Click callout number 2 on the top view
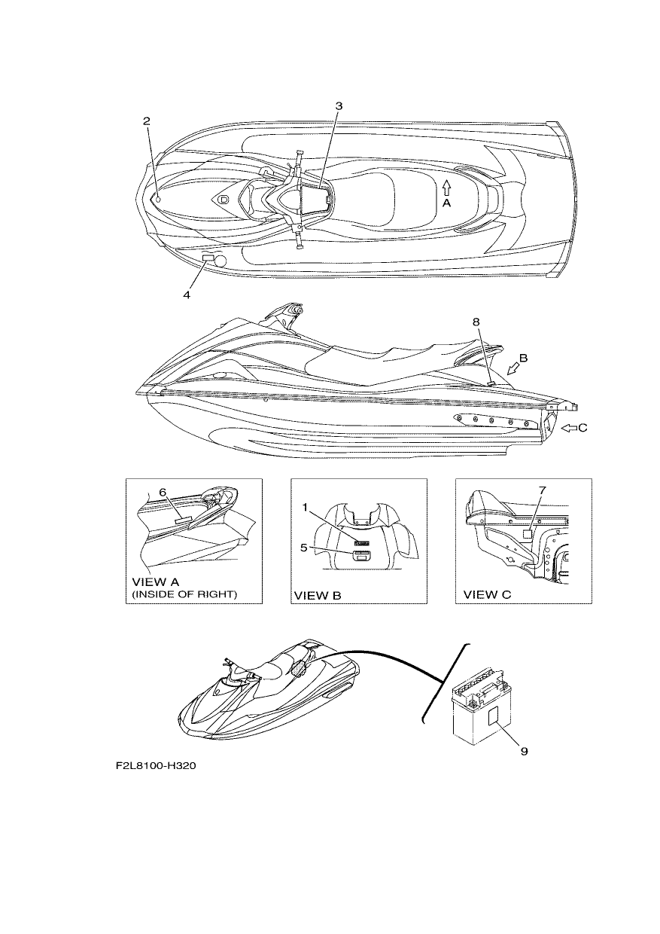click(x=146, y=121)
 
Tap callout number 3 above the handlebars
click(x=339, y=106)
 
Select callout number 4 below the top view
click(x=187, y=295)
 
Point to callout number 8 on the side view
click(x=476, y=322)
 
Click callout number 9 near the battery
click(x=525, y=751)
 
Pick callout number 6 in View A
click(x=163, y=493)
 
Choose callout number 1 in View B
click(x=305, y=507)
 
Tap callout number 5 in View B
click(x=304, y=547)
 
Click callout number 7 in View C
click(x=542, y=490)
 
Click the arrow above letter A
click(x=446, y=188)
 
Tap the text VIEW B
click(x=318, y=596)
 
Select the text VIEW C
click(x=487, y=595)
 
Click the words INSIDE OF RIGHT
click(x=184, y=594)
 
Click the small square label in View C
click(x=528, y=533)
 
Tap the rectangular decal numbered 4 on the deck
click(x=208, y=259)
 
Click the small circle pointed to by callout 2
click(x=159, y=200)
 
